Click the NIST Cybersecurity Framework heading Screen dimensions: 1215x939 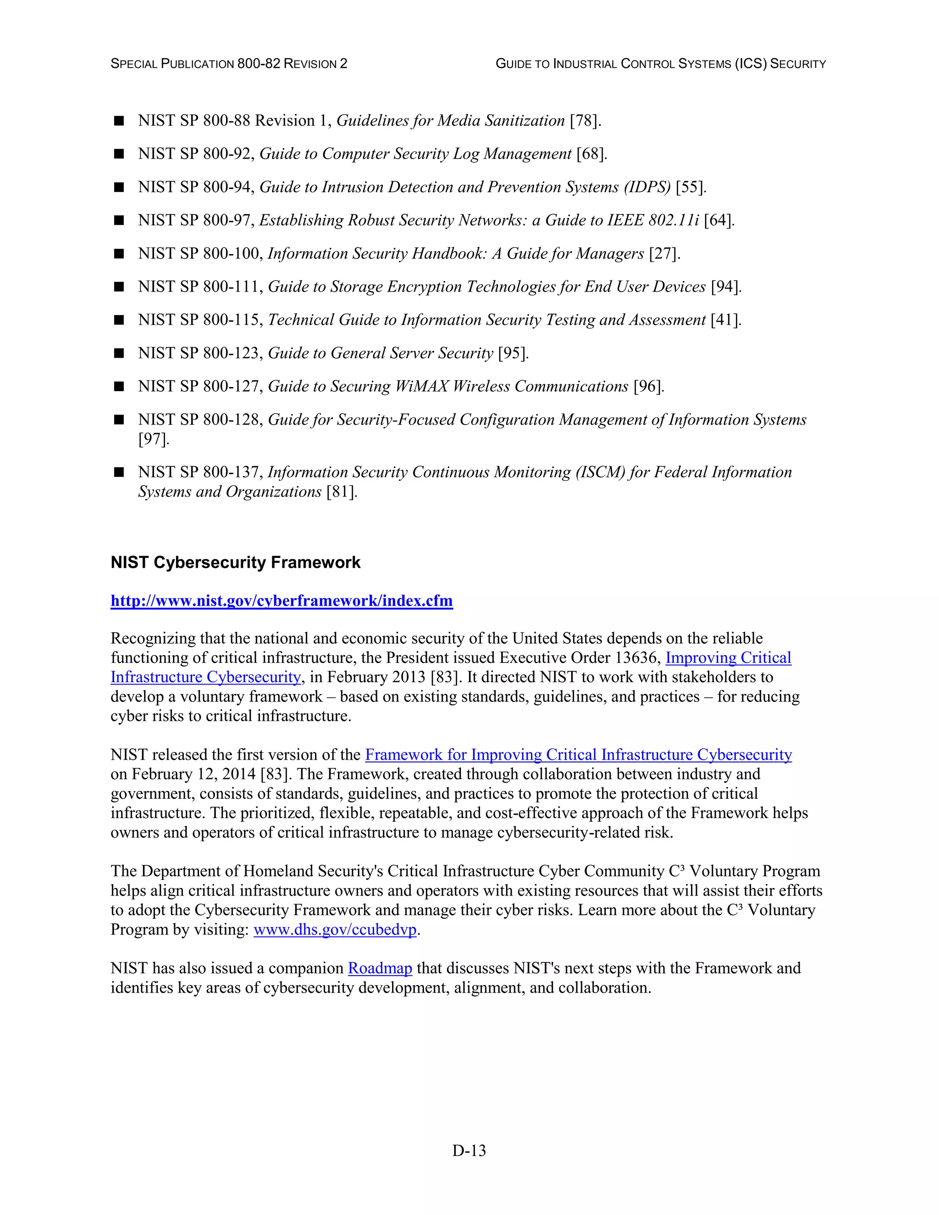[235, 563]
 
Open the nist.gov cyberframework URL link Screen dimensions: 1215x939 [282, 601]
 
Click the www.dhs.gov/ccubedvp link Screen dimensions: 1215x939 [335, 930]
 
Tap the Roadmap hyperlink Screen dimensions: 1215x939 [380, 968]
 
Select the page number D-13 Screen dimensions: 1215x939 [469, 1150]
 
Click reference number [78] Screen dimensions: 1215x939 [585, 121]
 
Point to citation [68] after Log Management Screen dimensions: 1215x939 [591, 154]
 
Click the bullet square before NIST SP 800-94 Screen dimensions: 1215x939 [118, 188]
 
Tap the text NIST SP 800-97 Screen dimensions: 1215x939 [196, 220]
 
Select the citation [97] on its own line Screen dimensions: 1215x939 [153, 440]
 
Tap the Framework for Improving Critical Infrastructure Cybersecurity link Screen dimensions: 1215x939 [578, 755]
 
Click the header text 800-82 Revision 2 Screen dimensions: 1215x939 [292, 64]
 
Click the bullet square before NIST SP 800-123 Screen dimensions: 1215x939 [118, 353]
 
